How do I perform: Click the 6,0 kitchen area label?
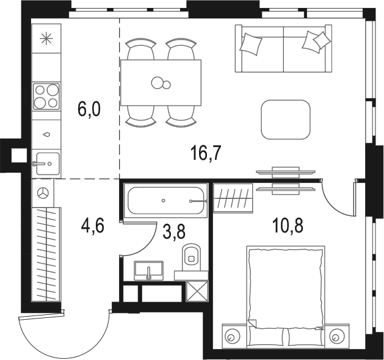[x=89, y=110]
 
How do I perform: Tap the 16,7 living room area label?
[x=206, y=153]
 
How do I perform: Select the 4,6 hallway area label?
[x=93, y=226]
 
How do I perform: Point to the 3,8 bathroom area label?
[x=174, y=232]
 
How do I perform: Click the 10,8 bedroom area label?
[x=288, y=226]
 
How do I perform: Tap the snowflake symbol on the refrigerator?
[x=46, y=39]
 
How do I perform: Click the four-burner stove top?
[x=46, y=96]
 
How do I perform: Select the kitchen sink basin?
[x=48, y=164]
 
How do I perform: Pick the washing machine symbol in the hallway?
[x=43, y=193]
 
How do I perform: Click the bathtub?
[x=165, y=200]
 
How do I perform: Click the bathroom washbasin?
[x=148, y=270]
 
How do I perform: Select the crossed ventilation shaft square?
[x=197, y=290]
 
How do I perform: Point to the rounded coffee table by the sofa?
[x=286, y=120]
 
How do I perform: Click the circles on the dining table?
[x=161, y=83]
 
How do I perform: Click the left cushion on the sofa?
[x=251, y=44]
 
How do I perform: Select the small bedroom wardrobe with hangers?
[x=233, y=198]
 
